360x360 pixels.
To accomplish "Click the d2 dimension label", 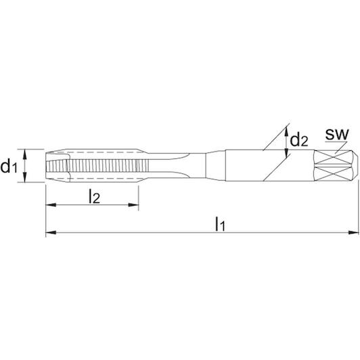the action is coord(299,141).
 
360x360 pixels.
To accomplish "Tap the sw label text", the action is coord(337,134).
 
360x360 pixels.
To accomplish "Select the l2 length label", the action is coord(94,196).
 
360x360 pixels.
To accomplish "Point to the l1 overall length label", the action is coord(220,224).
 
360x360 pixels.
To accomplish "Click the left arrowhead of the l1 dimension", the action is coord(51,233).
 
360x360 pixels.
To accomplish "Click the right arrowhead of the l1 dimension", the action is coord(353,233).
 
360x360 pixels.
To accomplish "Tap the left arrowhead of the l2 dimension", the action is coord(51,205).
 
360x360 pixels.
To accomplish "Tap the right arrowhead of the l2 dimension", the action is coord(133,205).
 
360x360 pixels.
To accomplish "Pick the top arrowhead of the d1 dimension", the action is coord(25,154).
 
